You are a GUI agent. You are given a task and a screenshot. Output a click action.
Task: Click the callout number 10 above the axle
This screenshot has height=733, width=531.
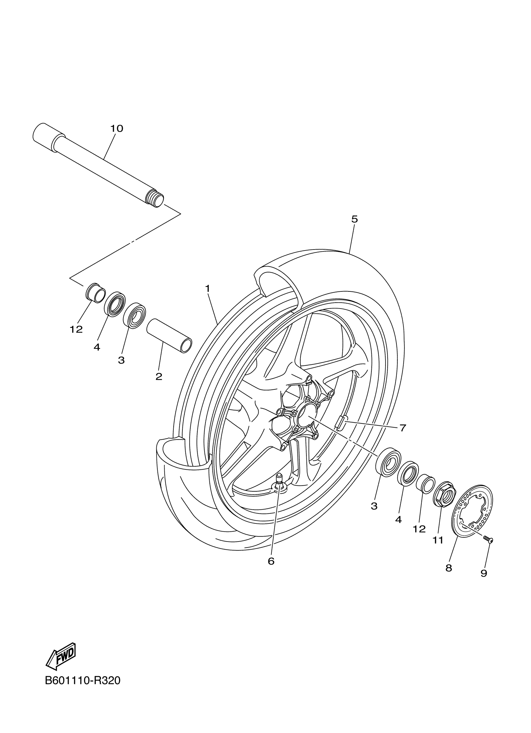(x=117, y=129)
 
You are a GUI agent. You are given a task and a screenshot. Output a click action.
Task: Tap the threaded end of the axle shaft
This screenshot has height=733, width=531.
(x=155, y=198)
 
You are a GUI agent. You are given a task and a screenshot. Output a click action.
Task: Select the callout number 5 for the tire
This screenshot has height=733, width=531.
(x=355, y=219)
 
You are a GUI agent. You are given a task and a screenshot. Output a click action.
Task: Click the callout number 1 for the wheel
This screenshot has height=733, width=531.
(x=207, y=288)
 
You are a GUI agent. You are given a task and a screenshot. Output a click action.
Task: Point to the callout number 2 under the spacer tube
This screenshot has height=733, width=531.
(x=159, y=377)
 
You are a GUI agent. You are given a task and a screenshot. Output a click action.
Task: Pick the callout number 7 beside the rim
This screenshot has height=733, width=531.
(x=402, y=428)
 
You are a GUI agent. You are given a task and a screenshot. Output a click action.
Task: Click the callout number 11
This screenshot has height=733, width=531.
(x=438, y=540)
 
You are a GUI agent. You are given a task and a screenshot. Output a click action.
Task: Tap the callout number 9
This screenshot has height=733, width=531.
(x=484, y=573)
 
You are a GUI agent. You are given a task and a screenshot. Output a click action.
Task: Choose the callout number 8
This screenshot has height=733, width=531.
(x=449, y=568)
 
